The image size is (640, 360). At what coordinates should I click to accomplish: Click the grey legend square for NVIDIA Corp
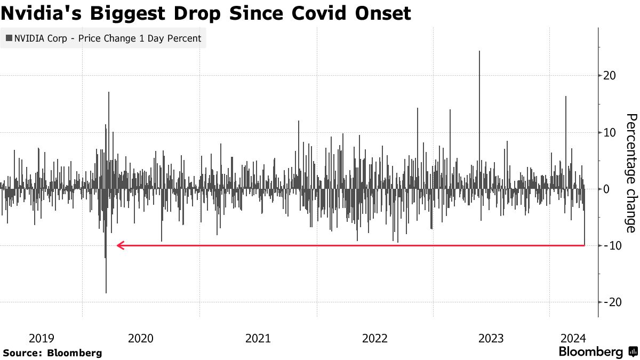pyautogui.click(x=9, y=38)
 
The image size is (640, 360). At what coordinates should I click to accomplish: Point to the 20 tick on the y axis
pyautogui.click(x=609, y=76)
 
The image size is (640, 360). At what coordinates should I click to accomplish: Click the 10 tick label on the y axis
pyautogui.click(x=609, y=132)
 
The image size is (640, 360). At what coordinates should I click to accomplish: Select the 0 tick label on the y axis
pyautogui.click(x=606, y=189)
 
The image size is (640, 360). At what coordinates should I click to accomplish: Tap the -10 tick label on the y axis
pyautogui.click(x=611, y=245)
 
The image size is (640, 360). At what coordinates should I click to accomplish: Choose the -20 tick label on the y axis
pyautogui.click(x=611, y=302)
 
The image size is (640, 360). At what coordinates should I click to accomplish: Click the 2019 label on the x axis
pyautogui.click(x=42, y=338)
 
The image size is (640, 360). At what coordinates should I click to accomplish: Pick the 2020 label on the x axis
pyautogui.click(x=141, y=338)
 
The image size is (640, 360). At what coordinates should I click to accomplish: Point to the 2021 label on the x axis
pyautogui.click(x=258, y=338)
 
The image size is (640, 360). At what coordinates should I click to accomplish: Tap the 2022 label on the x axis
pyautogui.click(x=375, y=338)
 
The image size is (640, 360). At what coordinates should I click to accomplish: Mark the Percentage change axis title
pyautogui.click(x=630, y=173)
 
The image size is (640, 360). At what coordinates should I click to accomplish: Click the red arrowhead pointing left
pyautogui.click(x=121, y=245)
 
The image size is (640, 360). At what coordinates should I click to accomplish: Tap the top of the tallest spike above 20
pyautogui.click(x=479, y=52)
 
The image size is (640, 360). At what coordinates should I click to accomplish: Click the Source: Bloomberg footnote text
pyautogui.click(x=52, y=353)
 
